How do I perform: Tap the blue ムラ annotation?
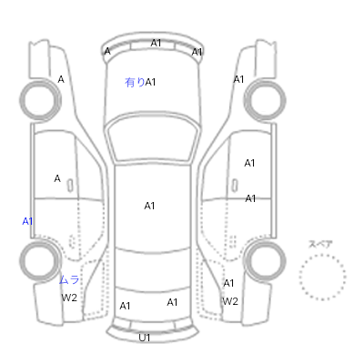[x=69, y=279]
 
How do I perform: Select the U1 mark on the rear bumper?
[x=145, y=338]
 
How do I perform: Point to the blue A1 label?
[x=27, y=221]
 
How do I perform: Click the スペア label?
[x=320, y=244]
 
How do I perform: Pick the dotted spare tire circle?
[x=322, y=255]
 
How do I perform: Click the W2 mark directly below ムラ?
[x=69, y=298]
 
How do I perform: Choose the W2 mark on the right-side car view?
[x=230, y=301]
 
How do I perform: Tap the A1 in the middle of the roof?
[x=149, y=206]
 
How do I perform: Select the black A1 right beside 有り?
[x=150, y=82]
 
